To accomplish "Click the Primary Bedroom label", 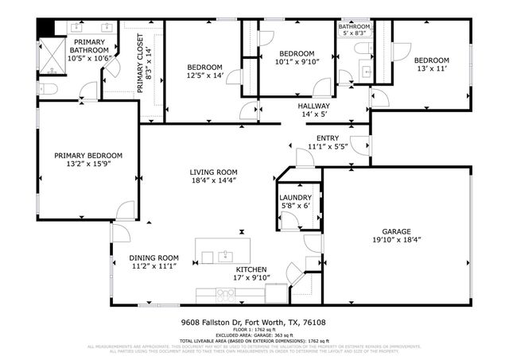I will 87,156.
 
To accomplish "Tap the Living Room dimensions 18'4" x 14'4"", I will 213,180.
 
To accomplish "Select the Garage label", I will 396,231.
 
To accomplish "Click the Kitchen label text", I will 251,269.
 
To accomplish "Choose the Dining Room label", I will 153,257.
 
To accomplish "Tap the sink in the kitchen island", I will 226,256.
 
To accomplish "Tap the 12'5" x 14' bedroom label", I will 204,67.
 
